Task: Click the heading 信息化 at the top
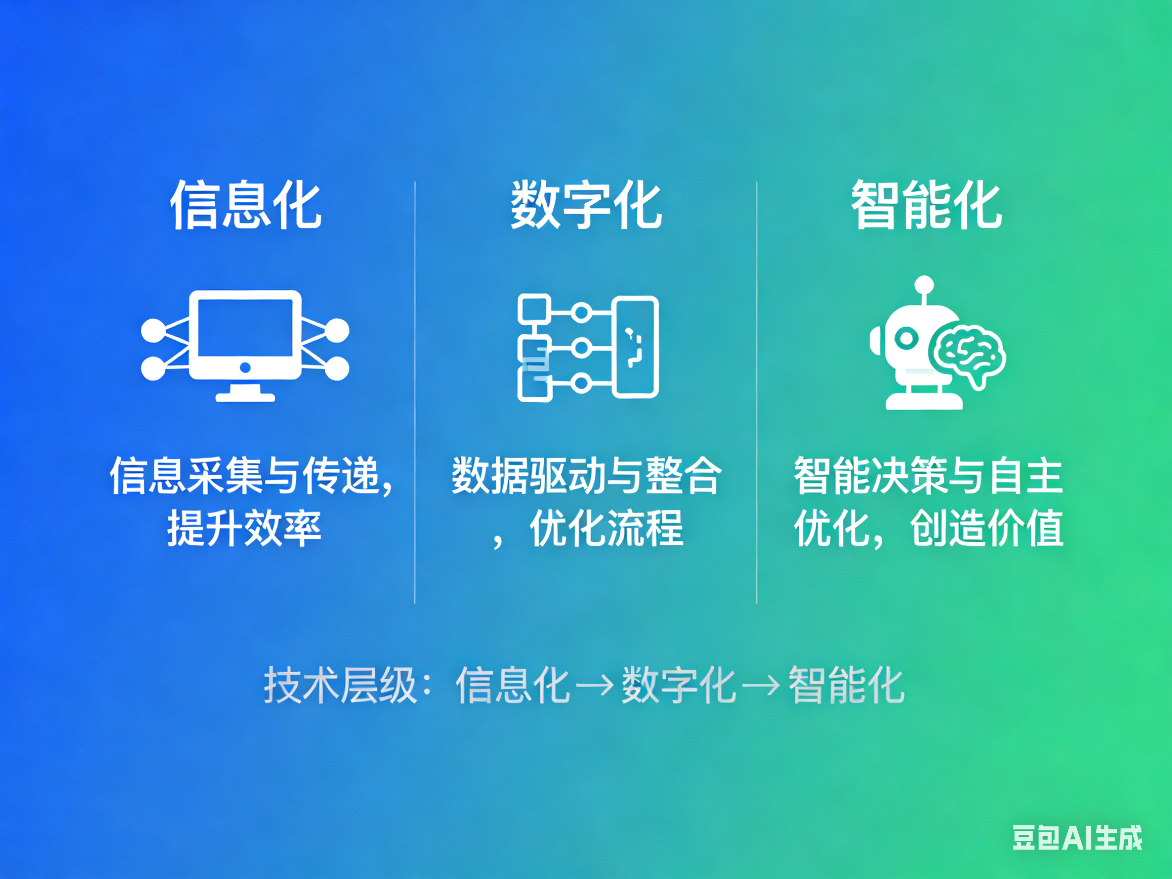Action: [245, 205]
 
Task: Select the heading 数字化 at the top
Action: [586, 205]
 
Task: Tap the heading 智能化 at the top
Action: [927, 205]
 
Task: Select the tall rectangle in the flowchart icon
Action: [636, 347]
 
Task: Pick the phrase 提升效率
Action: [244, 528]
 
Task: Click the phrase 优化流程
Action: [606, 528]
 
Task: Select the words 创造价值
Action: [987, 528]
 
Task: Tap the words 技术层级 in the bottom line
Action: [340, 685]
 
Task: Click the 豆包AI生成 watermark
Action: [1077, 838]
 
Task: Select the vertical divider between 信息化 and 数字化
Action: [415, 392]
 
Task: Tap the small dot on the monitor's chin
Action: [245, 367]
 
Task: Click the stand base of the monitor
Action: [245, 397]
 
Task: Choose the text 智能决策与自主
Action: [928, 476]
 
